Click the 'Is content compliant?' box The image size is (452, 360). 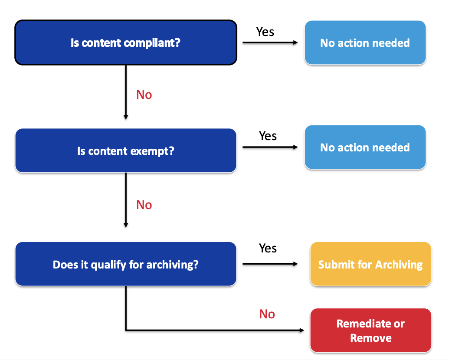tap(126, 43)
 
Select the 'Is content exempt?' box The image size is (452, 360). tap(126, 151)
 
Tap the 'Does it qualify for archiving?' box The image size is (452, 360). tap(126, 264)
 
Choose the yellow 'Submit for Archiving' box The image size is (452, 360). tap(371, 264)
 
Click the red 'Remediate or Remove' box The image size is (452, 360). tap(371, 331)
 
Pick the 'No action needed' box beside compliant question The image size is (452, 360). tap(365, 43)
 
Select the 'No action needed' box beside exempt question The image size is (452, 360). tap(365, 147)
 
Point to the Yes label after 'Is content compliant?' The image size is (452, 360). tap(265, 32)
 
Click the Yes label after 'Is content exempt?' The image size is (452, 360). tap(268, 136)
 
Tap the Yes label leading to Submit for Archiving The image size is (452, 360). tap(268, 248)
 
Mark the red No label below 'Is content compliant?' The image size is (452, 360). tap(144, 95)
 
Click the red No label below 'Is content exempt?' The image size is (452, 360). tap(144, 205)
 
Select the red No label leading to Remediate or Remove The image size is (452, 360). tap(267, 314)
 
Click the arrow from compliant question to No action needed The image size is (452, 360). tap(270, 43)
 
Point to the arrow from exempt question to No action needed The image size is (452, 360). tap(270, 147)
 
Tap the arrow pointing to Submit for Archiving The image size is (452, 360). tap(270, 264)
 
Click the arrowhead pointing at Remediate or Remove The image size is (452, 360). tap(302, 331)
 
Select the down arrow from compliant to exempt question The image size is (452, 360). tap(126, 92)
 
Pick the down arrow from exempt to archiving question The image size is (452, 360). tap(126, 200)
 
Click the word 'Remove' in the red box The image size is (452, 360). tap(371, 338)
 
